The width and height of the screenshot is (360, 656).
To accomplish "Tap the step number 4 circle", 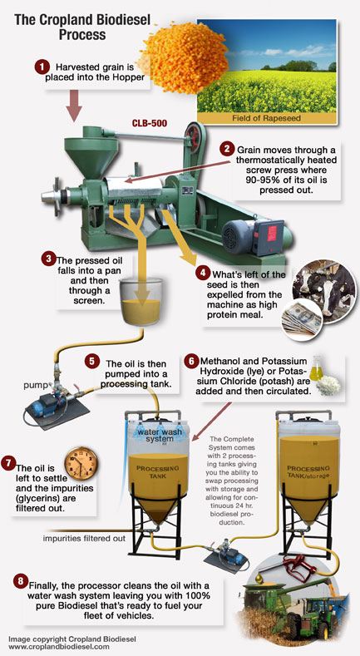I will pyautogui.click(x=203, y=272).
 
